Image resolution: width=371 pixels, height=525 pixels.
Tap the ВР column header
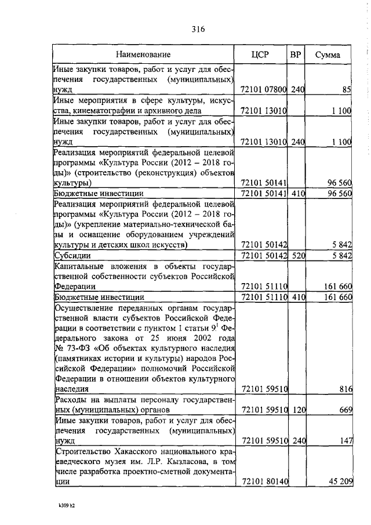click(x=296, y=55)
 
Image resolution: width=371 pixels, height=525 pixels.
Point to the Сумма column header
click(x=327, y=55)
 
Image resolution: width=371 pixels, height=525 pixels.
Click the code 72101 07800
click(x=264, y=90)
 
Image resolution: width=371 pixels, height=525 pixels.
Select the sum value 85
click(x=347, y=90)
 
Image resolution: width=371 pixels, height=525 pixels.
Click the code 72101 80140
click(x=264, y=481)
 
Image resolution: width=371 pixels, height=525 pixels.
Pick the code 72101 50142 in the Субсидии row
click(x=264, y=255)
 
